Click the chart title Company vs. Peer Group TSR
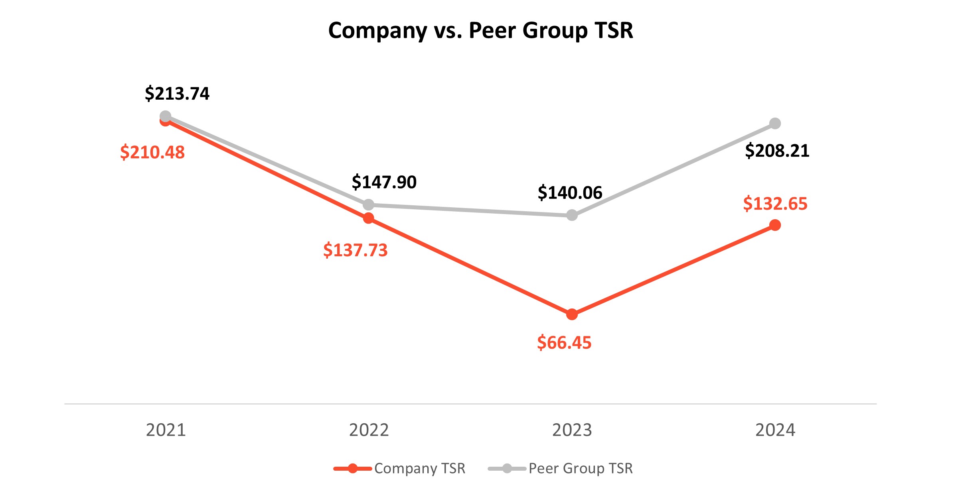480,31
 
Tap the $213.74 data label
177,94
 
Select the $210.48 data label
152,153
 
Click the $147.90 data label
384,182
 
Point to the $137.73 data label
355,250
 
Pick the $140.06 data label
570,193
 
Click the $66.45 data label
564,343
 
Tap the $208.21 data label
777,151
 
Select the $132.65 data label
775,204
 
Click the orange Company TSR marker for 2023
572,314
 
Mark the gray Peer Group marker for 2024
775,124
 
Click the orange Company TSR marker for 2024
775,225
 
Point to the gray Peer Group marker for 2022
369,205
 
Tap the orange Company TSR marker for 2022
369,218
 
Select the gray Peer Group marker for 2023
572,215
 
